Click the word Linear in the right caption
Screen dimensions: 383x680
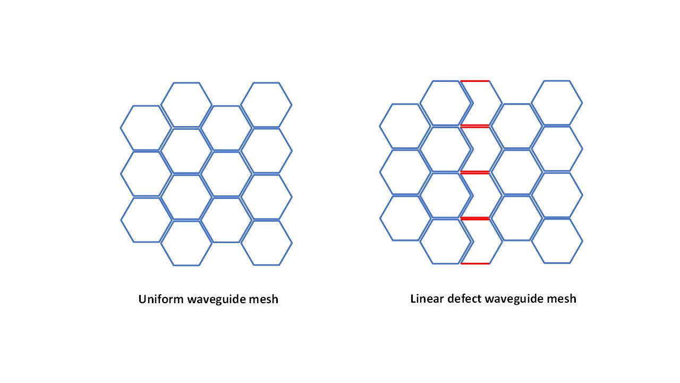(x=426, y=298)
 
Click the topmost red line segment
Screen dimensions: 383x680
(x=474, y=81)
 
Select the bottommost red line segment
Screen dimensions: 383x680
(x=474, y=263)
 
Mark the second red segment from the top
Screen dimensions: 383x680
(x=474, y=126)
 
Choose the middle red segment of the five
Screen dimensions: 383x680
(x=474, y=172)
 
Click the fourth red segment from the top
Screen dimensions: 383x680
(x=474, y=218)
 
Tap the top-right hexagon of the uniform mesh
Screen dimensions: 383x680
(x=266, y=105)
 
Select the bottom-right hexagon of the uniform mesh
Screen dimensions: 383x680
(x=266, y=243)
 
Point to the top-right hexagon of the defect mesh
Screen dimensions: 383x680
(x=557, y=103)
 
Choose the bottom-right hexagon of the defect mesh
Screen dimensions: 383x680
(x=557, y=240)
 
